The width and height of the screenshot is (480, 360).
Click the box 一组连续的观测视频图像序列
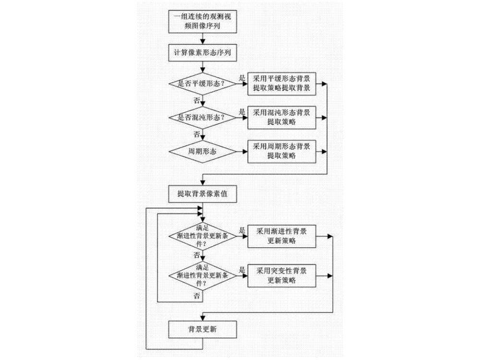tap(203, 22)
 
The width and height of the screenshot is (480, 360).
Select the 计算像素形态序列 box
tap(203, 52)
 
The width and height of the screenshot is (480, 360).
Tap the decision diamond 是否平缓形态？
tap(203, 84)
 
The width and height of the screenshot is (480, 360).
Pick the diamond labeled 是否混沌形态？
tap(203, 117)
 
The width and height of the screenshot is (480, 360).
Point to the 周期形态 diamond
tap(203, 151)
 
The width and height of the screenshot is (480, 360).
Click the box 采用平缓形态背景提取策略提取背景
tap(282, 84)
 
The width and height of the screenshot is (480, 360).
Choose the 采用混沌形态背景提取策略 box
tap(282, 117)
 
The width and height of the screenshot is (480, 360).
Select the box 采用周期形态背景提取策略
tap(282, 151)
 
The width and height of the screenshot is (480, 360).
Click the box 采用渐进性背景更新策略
tap(282, 236)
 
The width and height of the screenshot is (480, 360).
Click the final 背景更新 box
tap(203, 330)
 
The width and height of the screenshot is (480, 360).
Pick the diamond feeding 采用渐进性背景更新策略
tap(203, 236)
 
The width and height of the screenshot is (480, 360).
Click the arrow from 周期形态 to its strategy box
tap(242, 151)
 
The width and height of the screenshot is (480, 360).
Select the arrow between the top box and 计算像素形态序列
tap(203, 39)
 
